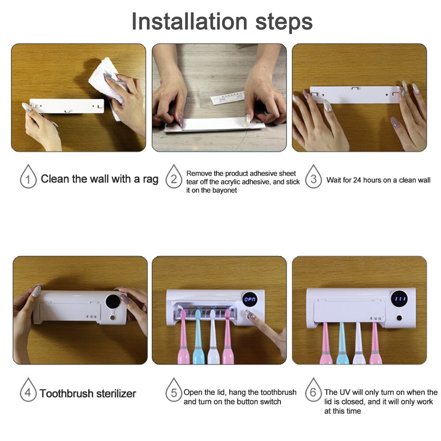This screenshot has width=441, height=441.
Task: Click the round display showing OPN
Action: [x=250, y=299]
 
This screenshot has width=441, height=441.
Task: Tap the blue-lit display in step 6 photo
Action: [x=400, y=299]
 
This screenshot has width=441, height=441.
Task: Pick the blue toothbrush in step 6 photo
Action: [x=342, y=344]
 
